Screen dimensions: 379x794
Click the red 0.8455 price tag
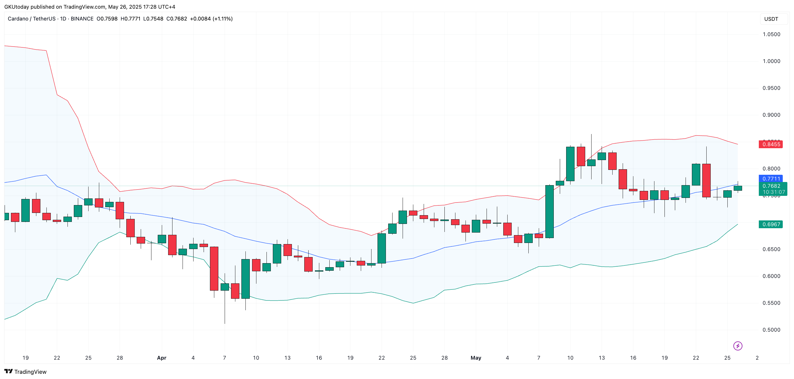click(771, 144)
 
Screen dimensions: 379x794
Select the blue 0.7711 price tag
click(771, 179)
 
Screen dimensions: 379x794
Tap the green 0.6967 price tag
click(771, 224)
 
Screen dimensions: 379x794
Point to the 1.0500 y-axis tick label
click(771, 34)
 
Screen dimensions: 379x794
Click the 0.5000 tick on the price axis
click(771, 330)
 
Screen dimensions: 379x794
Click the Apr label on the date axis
click(162, 358)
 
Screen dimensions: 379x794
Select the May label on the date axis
click(476, 358)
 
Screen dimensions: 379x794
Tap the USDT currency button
click(771, 19)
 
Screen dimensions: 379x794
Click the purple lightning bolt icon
click(737, 346)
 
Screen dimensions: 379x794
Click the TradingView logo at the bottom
click(26, 372)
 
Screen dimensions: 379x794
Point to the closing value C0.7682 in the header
click(177, 19)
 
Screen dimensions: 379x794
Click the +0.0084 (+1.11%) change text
click(211, 19)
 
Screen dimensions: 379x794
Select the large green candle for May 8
click(549, 212)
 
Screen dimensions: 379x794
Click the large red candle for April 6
click(214, 269)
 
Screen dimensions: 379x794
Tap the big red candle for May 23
click(706, 181)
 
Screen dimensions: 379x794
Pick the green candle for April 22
click(382, 248)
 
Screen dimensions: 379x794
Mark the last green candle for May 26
click(737, 188)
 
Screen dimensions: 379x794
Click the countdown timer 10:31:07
click(774, 192)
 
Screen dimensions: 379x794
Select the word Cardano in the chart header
click(18, 19)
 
